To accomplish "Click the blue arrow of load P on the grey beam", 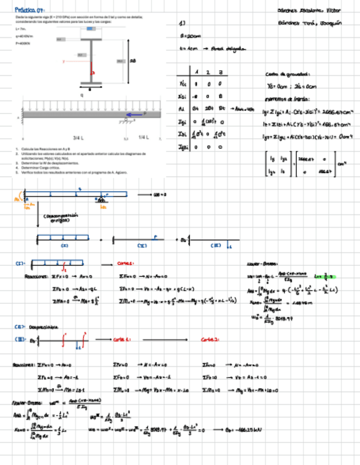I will pos(133,115).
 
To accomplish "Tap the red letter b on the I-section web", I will pos(93,72).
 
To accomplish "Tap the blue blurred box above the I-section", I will pos(89,29).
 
